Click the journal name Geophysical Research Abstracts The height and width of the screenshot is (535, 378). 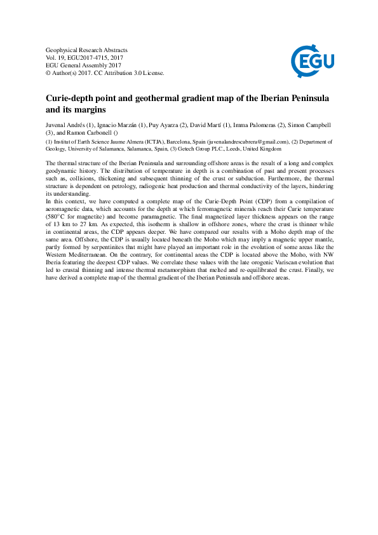tap(87, 50)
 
